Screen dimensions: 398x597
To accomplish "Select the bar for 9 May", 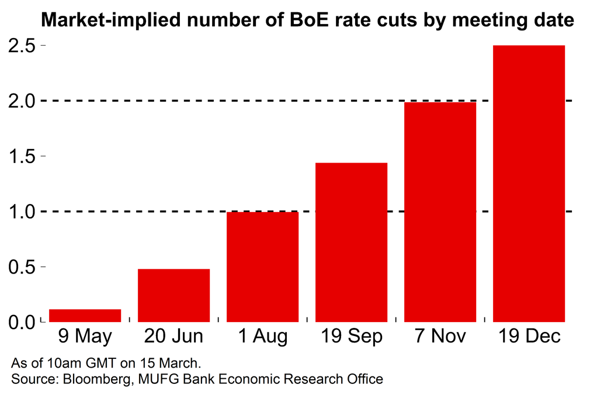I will [x=85, y=316].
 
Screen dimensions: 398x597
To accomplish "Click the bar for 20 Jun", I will [x=173, y=295].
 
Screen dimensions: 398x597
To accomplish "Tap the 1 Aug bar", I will [x=262, y=267].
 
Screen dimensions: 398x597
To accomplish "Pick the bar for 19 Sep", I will [x=351, y=242].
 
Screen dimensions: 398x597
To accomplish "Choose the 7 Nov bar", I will [x=440, y=212].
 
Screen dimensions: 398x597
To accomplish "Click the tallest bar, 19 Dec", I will [x=529, y=184].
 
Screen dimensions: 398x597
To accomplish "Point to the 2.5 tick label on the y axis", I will [x=23, y=46].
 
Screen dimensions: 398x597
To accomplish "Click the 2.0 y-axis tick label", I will [x=23, y=101].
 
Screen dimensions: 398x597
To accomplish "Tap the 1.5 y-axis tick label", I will [x=23, y=157].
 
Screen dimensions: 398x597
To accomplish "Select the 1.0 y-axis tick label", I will [x=23, y=212].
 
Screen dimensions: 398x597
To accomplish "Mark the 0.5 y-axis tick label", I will [x=23, y=267].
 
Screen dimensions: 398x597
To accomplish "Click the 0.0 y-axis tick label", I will [x=23, y=322].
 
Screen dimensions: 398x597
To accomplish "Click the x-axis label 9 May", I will [x=85, y=337].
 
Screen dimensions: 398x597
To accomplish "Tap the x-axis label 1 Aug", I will [x=262, y=337].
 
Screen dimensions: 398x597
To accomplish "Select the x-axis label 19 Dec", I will [x=529, y=337].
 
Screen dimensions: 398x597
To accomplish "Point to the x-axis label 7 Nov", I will [x=440, y=337].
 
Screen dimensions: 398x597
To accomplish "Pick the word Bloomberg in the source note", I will [x=89, y=379].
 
